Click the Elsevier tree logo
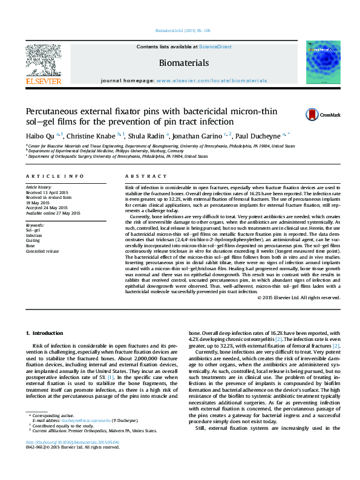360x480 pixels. pyautogui.click(x=43, y=60)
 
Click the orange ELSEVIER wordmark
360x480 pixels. pyautogui.click(x=43, y=81)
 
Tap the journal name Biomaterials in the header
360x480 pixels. pyautogui.click(x=183, y=63)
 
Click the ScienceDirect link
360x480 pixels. pyautogui.click(x=215, y=47)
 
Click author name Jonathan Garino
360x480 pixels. pyautogui.click(x=200, y=135)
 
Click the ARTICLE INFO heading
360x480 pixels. pyautogui.click(x=54, y=176)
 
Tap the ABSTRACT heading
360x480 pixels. pyautogui.click(x=140, y=176)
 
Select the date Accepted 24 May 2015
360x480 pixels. pyautogui.click(x=47, y=208)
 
